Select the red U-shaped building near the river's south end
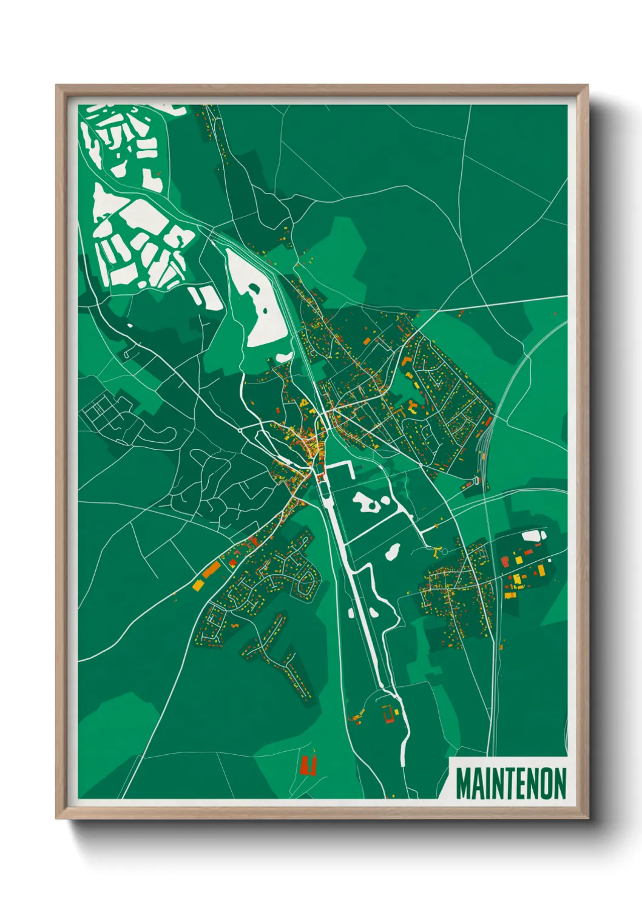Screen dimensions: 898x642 pos(388,715)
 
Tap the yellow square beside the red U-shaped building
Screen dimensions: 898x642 pos(397,711)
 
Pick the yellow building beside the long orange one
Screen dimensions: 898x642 pos(198,585)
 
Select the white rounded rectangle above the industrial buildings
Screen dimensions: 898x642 pos(533,535)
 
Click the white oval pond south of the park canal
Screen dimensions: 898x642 pos(392,551)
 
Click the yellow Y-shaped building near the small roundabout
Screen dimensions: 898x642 pos(436,552)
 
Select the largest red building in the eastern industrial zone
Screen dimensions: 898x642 pos(540,570)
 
